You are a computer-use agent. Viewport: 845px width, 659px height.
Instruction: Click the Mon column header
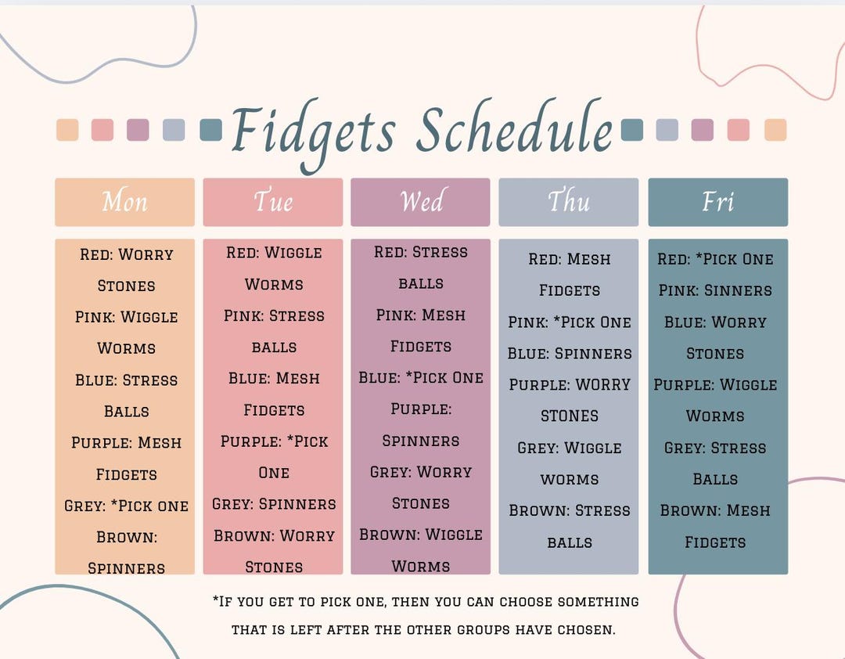[x=124, y=202]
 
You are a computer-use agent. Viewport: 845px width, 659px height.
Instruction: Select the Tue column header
[x=272, y=202]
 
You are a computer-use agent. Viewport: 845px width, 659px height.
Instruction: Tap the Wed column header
[x=420, y=202]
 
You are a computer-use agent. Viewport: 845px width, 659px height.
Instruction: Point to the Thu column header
[x=568, y=202]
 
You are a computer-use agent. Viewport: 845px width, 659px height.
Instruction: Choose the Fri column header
[x=717, y=202]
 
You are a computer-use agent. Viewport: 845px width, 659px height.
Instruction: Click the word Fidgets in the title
[x=313, y=131]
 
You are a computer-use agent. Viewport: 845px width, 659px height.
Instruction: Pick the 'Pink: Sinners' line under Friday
[x=715, y=290]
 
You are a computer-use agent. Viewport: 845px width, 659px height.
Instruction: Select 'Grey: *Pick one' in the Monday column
[x=126, y=506]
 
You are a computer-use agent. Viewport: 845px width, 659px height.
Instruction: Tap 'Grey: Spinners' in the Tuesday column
[x=274, y=503]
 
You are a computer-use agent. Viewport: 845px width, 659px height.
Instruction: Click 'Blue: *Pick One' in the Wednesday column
[x=421, y=377]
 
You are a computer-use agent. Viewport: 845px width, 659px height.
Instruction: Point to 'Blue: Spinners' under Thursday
[x=570, y=353]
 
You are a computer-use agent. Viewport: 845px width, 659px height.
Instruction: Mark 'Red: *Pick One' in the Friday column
[x=715, y=259]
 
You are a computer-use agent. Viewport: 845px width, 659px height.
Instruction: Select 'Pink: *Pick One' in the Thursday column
[x=570, y=322]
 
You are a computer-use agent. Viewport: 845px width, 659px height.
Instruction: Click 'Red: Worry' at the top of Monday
[x=126, y=254]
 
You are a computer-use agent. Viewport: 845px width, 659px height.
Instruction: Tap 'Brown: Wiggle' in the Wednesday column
[x=421, y=535]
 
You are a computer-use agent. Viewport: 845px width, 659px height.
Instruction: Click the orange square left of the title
[x=67, y=130]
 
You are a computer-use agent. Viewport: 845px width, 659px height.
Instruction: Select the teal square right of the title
[x=631, y=130]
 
